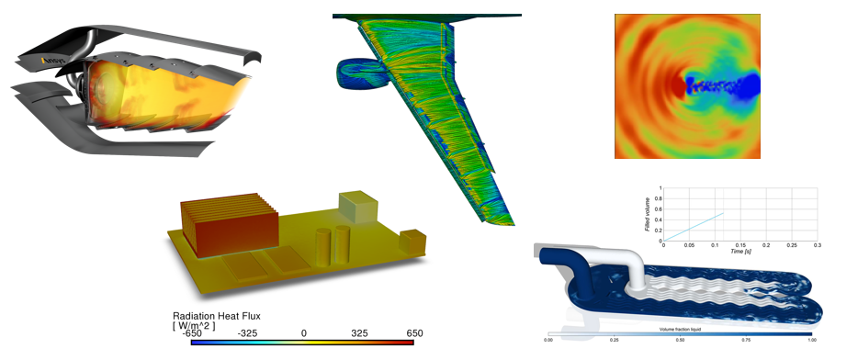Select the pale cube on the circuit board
click(356, 207)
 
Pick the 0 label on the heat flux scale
click(304, 332)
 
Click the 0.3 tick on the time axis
click(818, 245)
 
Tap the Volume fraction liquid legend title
click(681, 329)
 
